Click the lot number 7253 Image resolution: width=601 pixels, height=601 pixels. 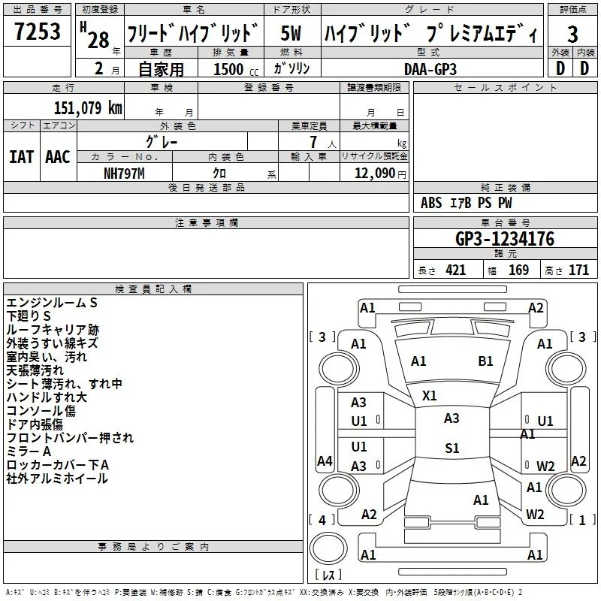point(37,31)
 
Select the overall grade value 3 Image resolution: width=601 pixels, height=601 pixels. point(572,34)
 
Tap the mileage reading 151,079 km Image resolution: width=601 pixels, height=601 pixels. point(88,107)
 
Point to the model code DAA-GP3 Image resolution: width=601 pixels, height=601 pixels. point(430,69)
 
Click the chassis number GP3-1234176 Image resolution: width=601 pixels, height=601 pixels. point(505,238)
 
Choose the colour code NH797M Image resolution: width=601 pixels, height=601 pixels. point(124,174)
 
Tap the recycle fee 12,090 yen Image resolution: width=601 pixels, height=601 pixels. point(380,174)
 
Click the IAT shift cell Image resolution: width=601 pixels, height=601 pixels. point(21,157)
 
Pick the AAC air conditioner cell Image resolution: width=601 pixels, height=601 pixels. point(58,157)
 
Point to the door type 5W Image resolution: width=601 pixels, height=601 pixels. point(291,33)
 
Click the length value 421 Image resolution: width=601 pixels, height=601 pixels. point(455,270)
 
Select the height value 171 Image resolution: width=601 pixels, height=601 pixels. point(578,270)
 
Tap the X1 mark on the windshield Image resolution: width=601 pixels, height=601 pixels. point(429,396)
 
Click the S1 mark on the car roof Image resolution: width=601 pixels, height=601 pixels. point(452,448)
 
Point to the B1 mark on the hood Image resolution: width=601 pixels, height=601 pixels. point(485,361)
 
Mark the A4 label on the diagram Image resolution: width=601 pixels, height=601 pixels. point(325,461)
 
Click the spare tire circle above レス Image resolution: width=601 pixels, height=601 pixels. point(328,548)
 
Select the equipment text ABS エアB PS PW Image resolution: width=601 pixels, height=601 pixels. point(466,203)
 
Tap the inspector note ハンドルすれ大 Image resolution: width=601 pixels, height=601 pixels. point(47,397)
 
